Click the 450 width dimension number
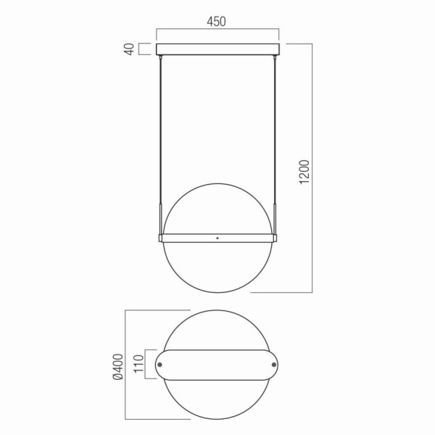tap(217, 21)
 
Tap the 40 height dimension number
tap(129, 49)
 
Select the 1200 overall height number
tap(304, 170)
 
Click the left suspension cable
tap(161, 130)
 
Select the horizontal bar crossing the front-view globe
tap(217, 237)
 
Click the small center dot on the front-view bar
tap(217, 237)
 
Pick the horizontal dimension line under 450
tap(217, 30)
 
